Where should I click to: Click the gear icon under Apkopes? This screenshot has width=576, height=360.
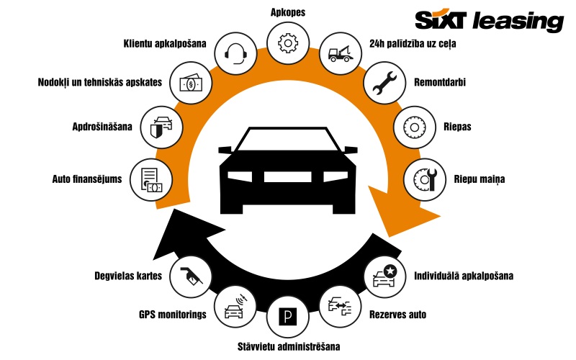287,42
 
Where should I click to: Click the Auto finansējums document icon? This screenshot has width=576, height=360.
151,179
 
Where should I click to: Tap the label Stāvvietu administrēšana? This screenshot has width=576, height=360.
289,346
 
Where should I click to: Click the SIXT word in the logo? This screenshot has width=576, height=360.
445,19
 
